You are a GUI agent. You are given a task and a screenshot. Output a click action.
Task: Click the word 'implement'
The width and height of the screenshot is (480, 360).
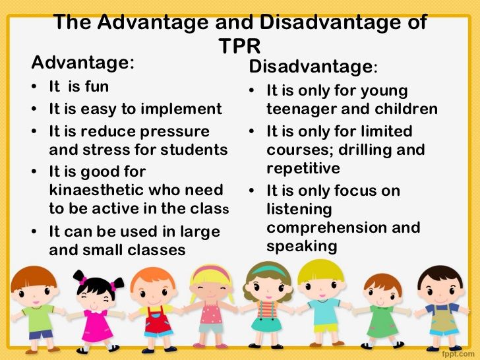click(x=187, y=109)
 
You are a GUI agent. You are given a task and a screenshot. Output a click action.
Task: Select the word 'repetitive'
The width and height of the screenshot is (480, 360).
click(x=303, y=168)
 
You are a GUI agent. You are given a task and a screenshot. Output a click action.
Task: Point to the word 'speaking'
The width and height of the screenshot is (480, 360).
click(x=302, y=247)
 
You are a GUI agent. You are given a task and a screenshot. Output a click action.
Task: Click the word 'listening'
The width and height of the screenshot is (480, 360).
click(x=299, y=209)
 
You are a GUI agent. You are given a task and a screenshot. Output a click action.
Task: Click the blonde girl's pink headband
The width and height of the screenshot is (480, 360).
click(x=212, y=272)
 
